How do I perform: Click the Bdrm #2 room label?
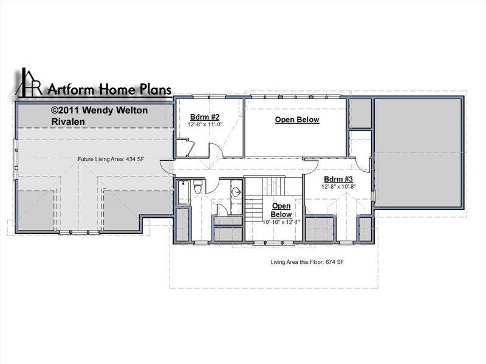(x=205, y=117)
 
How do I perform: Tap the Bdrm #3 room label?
(x=338, y=179)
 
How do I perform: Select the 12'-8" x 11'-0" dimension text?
(x=205, y=124)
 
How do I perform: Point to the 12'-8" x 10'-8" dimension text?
(x=338, y=187)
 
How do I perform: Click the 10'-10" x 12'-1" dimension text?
(x=281, y=222)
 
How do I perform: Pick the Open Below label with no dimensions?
(x=297, y=120)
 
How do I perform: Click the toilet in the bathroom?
(x=198, y=187)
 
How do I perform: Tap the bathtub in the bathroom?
(x=183, y=192)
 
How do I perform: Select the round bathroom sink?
(x=237, y=192)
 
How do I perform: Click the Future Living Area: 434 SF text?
(x=111, y=159)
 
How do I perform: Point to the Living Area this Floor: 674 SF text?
(x=307, y=262)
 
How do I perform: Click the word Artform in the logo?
(x=70, y=90)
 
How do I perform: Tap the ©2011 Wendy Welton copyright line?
(x=99, y=110)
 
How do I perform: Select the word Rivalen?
(x=68, y=122)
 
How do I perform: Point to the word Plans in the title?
(x=156, y=89)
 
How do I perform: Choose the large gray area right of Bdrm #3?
(x=418, y=153)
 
